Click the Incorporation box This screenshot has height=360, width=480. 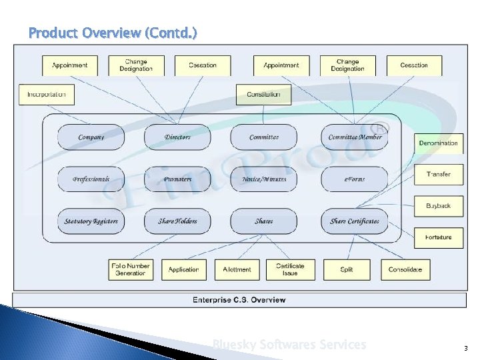47,94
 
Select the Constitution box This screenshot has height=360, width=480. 263,94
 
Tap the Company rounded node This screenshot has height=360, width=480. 91,137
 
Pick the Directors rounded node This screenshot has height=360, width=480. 177,137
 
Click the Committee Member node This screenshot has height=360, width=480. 355,137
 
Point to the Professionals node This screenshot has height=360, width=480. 91,179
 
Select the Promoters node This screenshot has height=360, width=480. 177,179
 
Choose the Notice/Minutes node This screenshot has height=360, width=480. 264,179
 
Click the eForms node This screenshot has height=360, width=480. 355,179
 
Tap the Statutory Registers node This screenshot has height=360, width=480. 91,221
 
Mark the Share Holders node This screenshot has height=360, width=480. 177,221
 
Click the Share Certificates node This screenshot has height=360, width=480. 355,221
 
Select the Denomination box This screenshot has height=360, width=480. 438,143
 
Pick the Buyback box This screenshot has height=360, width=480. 438,206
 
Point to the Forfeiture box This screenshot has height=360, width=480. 438,237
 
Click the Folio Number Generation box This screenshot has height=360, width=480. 131,269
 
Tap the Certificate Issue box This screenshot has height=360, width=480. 290,269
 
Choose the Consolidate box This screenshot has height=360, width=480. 405,269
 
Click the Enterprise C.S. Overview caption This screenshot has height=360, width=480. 239,300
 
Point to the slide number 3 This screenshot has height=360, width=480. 465,348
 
